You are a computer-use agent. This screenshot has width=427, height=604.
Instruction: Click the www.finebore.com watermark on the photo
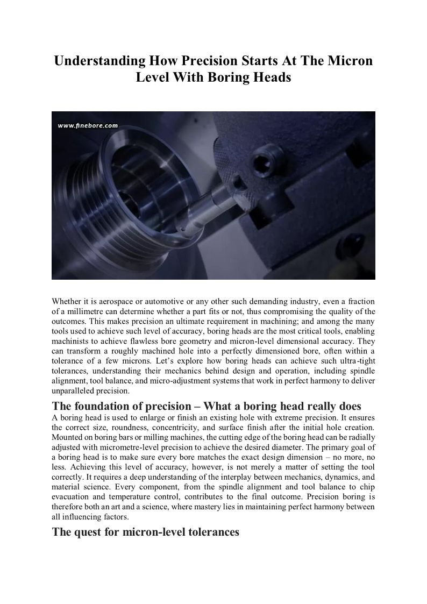[87, 125]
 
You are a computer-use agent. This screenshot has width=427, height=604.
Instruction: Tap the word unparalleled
[73, 390]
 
